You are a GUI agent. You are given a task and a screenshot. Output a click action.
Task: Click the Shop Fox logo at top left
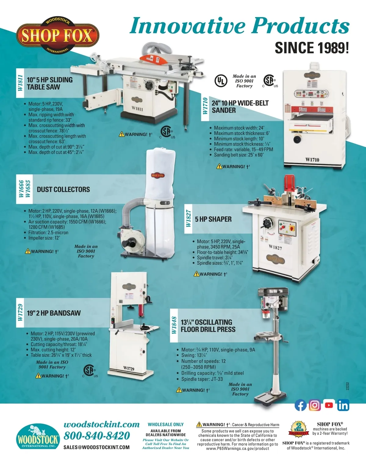tap(58, 36)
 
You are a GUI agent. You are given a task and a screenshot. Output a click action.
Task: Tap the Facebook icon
tap(300, 405)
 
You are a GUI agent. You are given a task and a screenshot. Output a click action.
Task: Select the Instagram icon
tap(315, 405)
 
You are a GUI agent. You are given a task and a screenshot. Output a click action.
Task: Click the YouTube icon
tap(329, 405)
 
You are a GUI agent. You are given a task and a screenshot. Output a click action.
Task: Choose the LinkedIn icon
tap(343, 405)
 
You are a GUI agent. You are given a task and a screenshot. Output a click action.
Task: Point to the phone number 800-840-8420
tap(97, 436)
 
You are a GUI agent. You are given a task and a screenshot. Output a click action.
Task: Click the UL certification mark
tap(221, 81)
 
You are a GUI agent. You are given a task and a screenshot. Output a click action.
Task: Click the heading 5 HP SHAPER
tap(213, 219)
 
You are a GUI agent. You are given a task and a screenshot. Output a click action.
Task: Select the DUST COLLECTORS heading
tap(63, 190)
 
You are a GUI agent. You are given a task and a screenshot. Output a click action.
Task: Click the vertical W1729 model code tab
tap(20, 313)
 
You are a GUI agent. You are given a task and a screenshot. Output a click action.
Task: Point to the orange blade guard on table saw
tap(153, 59)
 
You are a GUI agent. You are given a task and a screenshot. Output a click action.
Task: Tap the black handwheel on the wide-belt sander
tap(297, 139)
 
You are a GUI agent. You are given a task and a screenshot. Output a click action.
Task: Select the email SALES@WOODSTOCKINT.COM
tap(96, 447)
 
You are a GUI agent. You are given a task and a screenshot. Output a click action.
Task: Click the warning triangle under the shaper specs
tap(196, 274)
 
